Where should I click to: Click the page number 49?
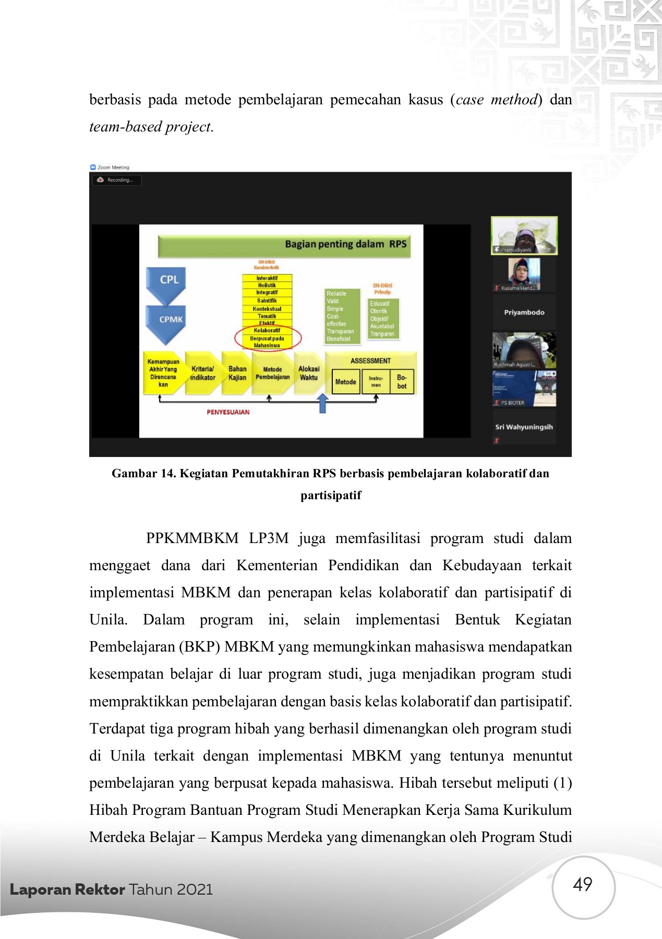point(582,884)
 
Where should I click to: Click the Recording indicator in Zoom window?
point(117,180)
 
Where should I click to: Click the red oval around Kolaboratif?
point(268,338)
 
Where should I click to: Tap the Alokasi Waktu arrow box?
point(308,373)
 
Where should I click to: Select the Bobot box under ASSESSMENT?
point(402,381)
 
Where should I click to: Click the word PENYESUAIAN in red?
point(228,412)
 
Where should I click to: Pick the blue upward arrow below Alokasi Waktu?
point(323,403)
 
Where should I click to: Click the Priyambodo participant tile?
point(524,312)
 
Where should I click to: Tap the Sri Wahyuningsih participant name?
point(524,427)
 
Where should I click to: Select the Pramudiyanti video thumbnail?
point(524,235)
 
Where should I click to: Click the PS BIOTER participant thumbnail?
point(524,388)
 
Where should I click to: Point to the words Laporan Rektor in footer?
point(67,889)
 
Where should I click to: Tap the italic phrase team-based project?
point(151,127)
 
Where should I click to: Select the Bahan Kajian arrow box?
point(237,373)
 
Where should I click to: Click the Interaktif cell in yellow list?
point(267,278)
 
